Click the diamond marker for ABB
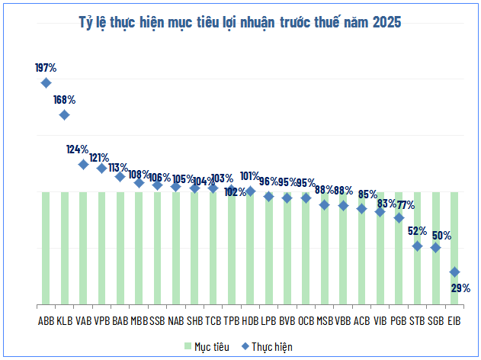[x=46, y=82]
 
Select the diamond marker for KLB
[x=65, y=114]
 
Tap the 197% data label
[x=46, y=68]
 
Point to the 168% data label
[x=64, y=99]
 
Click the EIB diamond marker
[x=454, y=272]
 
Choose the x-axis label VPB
[x=102, y=320]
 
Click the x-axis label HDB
[x=250, y=320]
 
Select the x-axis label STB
[x=417, y=320]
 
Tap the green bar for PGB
[x=399, y=259]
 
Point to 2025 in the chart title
[x=386, y=21]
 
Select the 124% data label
[x=77, y=149]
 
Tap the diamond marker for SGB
[x=435, y=247]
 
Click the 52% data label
[x=417, y=231]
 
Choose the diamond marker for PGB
[x=399, y=217]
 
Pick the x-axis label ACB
[x=361, y=320]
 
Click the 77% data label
[x=406, y=204]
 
